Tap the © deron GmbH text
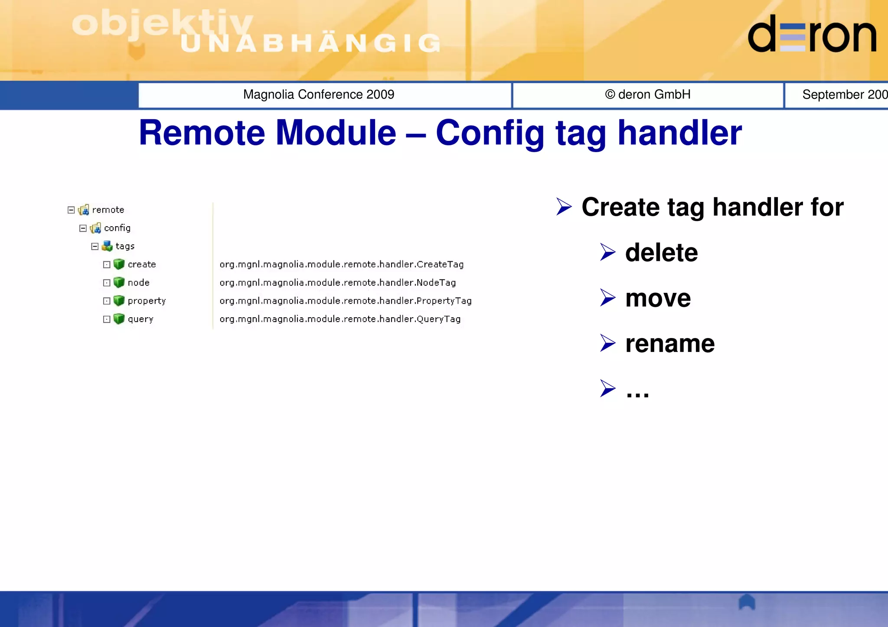pyautogui.click(x=648, y=94)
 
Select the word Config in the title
pyautogui.click(x=490, y=133)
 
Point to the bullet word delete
pyautogui.click(x=661, y=253)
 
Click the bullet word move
pyautogui.click(x=658, y=298)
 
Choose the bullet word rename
pyautogui.click(x=669, y=344)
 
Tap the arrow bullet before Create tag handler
pyautogui.click(x=564, y=207)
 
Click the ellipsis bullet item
pyautogui.click(x=637, y=390)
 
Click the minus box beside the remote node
pyautogui.click(x=71, y=210)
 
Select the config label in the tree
pyautogui.click(x=117, y=228)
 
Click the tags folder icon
pyautogui.click(x=107, y=246)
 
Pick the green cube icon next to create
pyautogui.click(x=119, y=264)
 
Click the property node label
pyautogui.click(x=147, y=301)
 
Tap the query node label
pyautogui.click(x=140, y=319)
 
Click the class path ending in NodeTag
pyautogui.click(x=337, y=283)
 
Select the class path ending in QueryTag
pyautogui.click(x=340, y=319)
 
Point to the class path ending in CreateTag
pyautogui.click(x=341, y=264)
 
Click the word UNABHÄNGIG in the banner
pyautogui.click(x=310, y=43)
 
